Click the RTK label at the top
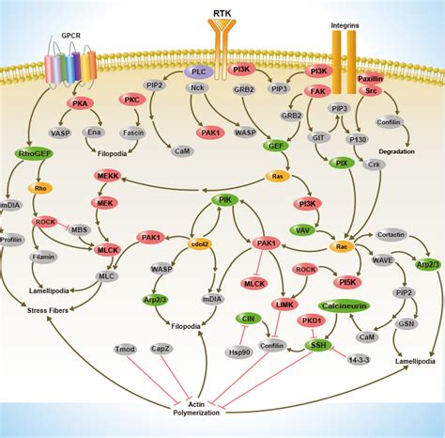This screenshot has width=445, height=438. [x=222, y=13]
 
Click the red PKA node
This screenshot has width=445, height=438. [x=82, y=104]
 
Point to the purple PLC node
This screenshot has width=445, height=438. [x=198, y=71]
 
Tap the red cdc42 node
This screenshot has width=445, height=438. [x=199, y=243]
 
